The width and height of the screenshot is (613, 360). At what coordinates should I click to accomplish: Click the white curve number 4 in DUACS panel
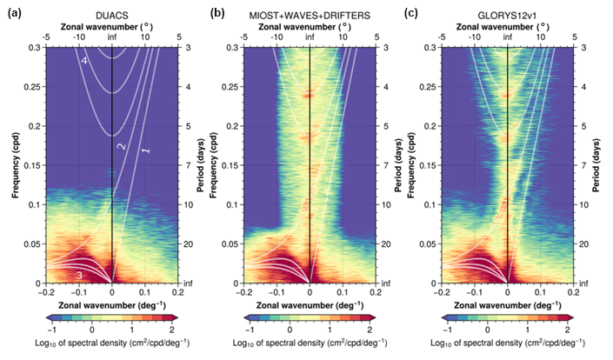[x=83, y=61]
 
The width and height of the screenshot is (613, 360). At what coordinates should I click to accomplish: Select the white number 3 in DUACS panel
[x=79, y=276]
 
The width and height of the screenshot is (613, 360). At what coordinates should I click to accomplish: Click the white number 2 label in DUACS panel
[x=122, y=146]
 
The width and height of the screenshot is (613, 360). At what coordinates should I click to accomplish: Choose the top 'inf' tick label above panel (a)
[x=112, y=37]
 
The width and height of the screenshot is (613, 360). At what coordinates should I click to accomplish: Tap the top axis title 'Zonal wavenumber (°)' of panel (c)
[x=506, y=27]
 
